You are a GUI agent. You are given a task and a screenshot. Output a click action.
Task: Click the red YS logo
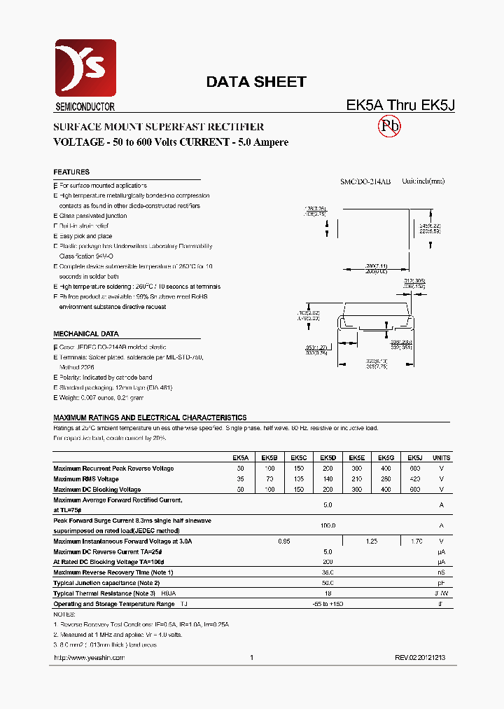point(85,68)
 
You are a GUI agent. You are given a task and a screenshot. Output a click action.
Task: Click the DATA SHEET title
point(255,82)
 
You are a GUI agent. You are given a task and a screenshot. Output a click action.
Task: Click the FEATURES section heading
point(71,172)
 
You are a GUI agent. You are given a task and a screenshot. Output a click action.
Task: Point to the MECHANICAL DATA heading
point(86,334)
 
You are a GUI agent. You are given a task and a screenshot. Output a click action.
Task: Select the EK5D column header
point(328,458)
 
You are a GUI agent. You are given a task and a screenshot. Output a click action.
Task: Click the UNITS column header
point(442,458)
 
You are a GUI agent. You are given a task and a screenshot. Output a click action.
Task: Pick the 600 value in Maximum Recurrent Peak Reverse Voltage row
point(414,468)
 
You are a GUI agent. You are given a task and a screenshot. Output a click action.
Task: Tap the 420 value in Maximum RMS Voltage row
point(414,479)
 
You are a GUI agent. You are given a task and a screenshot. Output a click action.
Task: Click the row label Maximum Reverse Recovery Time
point(113,572)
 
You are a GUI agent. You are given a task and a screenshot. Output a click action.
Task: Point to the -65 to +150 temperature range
point(328,604)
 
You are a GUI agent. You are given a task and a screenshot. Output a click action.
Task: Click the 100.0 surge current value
point(328,525)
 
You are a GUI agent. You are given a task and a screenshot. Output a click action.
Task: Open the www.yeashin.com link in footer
point(89,658)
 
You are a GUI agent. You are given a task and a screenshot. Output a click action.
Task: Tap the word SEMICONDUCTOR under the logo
point(85,107)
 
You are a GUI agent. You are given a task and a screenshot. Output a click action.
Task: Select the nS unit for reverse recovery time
point(441,572)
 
